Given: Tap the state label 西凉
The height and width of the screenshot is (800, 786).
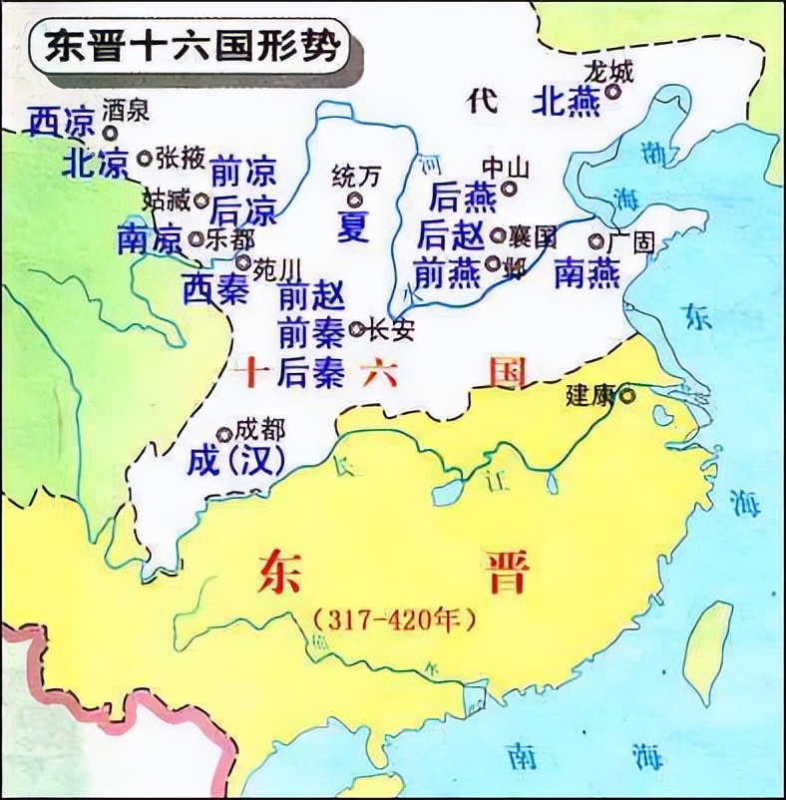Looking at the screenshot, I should (x=60, y=120).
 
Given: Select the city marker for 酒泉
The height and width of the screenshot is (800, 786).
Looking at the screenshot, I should (x=110, y=131).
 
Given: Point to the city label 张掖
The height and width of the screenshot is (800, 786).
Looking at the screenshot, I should (x=180, y=157).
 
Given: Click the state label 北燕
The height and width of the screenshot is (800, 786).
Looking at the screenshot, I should (x=566, y=101).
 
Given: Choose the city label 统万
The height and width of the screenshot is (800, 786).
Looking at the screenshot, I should (x=356, y=178).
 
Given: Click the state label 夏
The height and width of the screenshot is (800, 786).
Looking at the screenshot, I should (x=353, y=223).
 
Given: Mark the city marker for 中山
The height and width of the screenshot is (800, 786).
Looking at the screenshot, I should (x=511, y=187).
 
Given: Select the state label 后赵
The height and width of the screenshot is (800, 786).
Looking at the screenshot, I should (x=452, y=235).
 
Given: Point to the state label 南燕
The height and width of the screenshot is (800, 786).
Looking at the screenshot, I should (x=588, y=272).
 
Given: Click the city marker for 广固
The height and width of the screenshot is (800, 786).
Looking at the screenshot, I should (x=596, y=241).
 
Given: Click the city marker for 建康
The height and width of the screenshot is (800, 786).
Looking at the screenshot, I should (x=626, y=395).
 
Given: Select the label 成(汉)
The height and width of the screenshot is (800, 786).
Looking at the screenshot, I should (x=236, y=461).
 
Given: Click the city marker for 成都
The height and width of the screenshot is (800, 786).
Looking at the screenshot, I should (x=225, y=434).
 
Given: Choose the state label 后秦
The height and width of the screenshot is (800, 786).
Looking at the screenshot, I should (x=299, y=371).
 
